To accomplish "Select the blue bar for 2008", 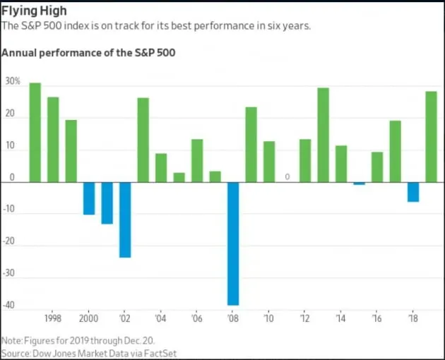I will point(233,244).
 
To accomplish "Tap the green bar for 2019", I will point(431,136).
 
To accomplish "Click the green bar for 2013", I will point(323,135).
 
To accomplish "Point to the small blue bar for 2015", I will point(359,184).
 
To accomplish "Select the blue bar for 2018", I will point(413,192).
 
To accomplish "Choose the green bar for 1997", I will point(35,132).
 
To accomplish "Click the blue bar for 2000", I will point(89,198).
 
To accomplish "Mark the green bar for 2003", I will point(143,140).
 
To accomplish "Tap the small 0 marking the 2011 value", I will point(287,176).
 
